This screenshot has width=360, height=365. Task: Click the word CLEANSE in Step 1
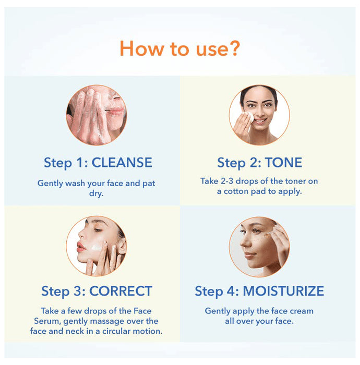[122, 162]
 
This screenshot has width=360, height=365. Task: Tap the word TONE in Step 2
[283, 162]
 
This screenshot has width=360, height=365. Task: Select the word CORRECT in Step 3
[121, 290]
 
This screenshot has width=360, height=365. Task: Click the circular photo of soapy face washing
[97, 115]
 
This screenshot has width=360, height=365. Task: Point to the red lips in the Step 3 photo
[81, 245]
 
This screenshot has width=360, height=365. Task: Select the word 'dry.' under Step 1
[97, 194]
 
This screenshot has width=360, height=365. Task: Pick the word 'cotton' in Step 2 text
[239, 191]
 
